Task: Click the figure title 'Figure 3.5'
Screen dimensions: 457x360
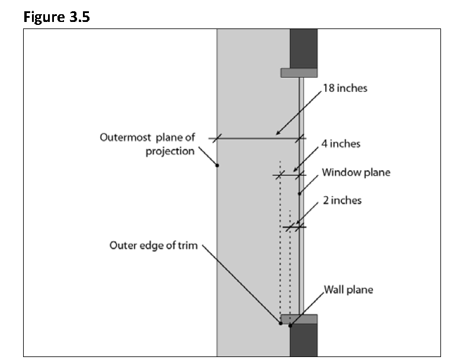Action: pos(56,17)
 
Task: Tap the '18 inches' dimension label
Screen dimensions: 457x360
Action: pos(345,88)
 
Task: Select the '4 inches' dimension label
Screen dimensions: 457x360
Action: pos(341,144)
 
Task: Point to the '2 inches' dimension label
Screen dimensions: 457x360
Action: pos(342,200)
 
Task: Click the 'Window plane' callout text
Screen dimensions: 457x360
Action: pos(356,172)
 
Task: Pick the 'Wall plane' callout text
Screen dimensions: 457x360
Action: pos(349,289)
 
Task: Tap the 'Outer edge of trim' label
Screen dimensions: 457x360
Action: pos(154,246)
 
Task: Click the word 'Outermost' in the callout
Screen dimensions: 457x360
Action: pos(125,137)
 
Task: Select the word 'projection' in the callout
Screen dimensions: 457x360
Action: pos(170,151)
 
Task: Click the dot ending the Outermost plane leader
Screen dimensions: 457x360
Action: pos(217,165)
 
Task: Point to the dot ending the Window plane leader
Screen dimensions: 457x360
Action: pos(299,194)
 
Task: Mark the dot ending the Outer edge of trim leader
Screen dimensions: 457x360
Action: pos(280,323)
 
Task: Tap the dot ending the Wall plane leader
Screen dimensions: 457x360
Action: pos(290,326)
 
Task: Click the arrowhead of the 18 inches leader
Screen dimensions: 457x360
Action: pos(278,133)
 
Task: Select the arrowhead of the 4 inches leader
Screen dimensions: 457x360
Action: pos(296,170)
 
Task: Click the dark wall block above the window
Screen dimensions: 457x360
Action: pos(303,49)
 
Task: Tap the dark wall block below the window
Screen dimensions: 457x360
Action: pos(303,340)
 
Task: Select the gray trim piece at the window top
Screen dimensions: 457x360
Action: pos(299,73)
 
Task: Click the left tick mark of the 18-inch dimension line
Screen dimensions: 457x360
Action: pos(217,138)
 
